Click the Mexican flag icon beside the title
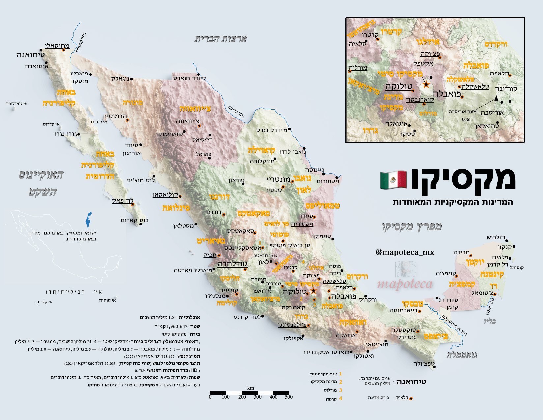(393, 180)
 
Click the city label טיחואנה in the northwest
(31, 55)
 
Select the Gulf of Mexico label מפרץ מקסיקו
(412, 227)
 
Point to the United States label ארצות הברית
(220, 39)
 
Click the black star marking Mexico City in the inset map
(426, 85)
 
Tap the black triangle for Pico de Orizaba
(496, 98)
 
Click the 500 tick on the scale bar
(289, 397)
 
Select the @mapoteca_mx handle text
(405, 252)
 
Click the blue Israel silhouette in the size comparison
(89, 220)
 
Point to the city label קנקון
(504, 247)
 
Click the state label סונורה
(132, 103)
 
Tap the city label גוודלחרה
(232, 264)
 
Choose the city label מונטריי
(278, 180)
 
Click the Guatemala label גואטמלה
(462, 355)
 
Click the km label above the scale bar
(251, 388)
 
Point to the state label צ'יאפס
(436, 337)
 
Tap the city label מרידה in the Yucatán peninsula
(461, 253)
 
